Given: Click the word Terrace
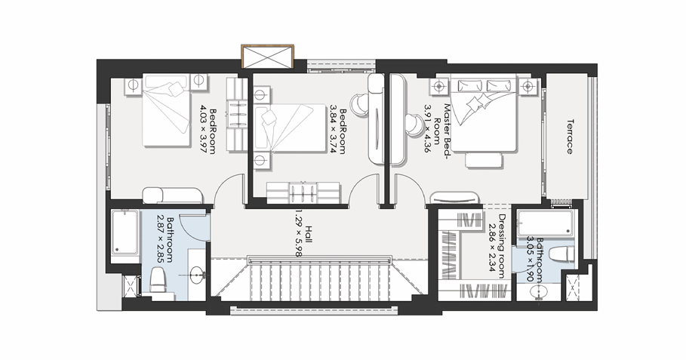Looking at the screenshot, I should pos(568,136).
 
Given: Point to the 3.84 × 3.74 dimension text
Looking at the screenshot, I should pos(331,129).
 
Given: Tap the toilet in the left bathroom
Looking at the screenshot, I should pos(158,282).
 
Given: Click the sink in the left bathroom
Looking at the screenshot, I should pos(197,275).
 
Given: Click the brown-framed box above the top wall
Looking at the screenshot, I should pos(266,57).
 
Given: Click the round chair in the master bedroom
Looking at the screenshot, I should pos(414,123).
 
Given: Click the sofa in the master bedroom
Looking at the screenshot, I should pos(455,198).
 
